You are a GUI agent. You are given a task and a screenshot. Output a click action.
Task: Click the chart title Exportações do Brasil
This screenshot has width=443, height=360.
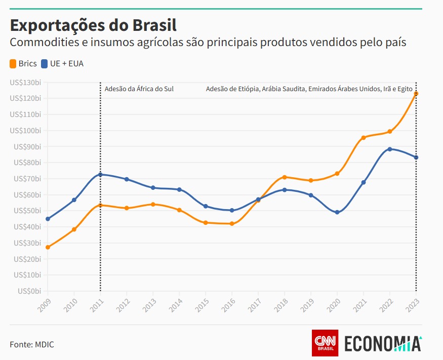point(93,25)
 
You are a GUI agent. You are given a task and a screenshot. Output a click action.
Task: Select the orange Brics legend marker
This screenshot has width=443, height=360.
point(13,64)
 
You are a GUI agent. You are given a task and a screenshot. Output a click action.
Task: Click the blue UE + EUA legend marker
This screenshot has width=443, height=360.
point(45,64)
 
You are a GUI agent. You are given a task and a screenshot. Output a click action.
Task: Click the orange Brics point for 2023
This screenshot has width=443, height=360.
point(416,94)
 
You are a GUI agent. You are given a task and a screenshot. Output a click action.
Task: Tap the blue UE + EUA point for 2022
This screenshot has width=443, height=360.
point(390,149)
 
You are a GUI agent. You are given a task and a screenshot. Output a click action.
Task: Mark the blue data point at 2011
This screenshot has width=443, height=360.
point(100,175)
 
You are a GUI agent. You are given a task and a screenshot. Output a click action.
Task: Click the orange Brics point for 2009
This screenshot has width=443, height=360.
point(48,247)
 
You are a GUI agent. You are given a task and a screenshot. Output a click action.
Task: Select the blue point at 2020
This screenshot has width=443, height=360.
point(337,212)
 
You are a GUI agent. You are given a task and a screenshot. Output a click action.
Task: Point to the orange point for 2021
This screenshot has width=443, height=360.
point(364,138)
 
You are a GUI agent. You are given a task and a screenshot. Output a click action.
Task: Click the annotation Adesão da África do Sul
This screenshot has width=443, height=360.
point(139,89)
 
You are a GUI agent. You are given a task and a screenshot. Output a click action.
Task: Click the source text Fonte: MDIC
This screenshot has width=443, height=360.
point(32,344)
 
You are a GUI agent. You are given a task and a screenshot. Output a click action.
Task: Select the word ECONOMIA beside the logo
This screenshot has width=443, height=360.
point(383,343)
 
